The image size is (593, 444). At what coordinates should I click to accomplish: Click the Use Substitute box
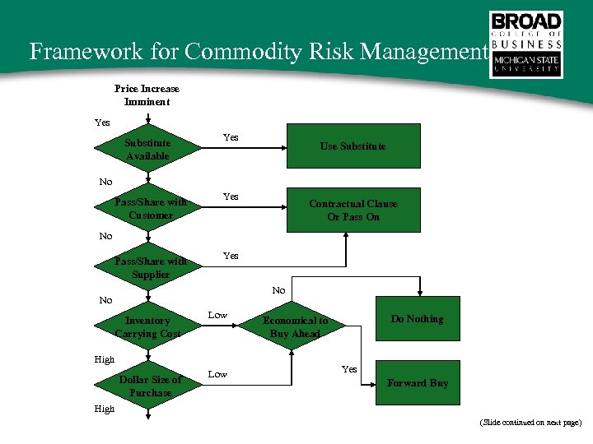353,146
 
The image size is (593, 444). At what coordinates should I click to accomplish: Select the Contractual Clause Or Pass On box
353,210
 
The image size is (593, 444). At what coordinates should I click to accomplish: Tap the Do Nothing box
417,319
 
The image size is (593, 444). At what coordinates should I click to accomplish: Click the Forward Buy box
417,383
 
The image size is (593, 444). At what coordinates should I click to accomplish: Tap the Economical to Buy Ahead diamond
295,326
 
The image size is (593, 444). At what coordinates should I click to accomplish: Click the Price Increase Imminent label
147,95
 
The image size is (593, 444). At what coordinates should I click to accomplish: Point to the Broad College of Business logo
526,44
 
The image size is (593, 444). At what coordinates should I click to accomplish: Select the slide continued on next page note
530,422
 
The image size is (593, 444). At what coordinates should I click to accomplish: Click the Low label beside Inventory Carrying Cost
217,315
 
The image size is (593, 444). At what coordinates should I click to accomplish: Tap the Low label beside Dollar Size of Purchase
217,374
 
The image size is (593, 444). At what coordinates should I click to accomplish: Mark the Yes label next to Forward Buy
349,369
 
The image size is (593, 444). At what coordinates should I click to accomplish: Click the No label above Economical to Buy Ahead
278,290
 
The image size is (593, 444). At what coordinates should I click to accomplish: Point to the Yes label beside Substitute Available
231,137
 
